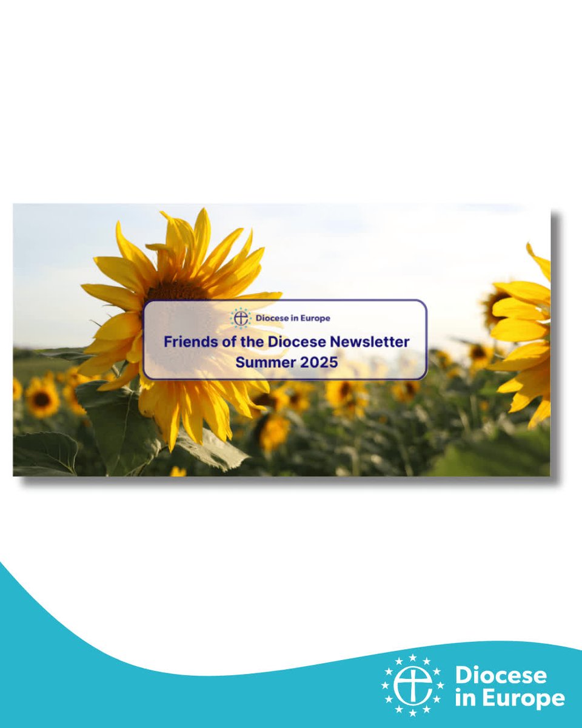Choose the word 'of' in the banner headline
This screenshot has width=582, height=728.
(227, 342)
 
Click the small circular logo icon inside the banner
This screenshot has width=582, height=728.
(241, 317)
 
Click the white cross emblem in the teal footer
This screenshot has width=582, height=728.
(412, 685)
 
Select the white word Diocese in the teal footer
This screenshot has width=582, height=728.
(501, 675)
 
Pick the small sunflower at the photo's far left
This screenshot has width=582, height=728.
(41, 398)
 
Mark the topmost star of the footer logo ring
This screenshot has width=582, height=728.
(412, 658)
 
